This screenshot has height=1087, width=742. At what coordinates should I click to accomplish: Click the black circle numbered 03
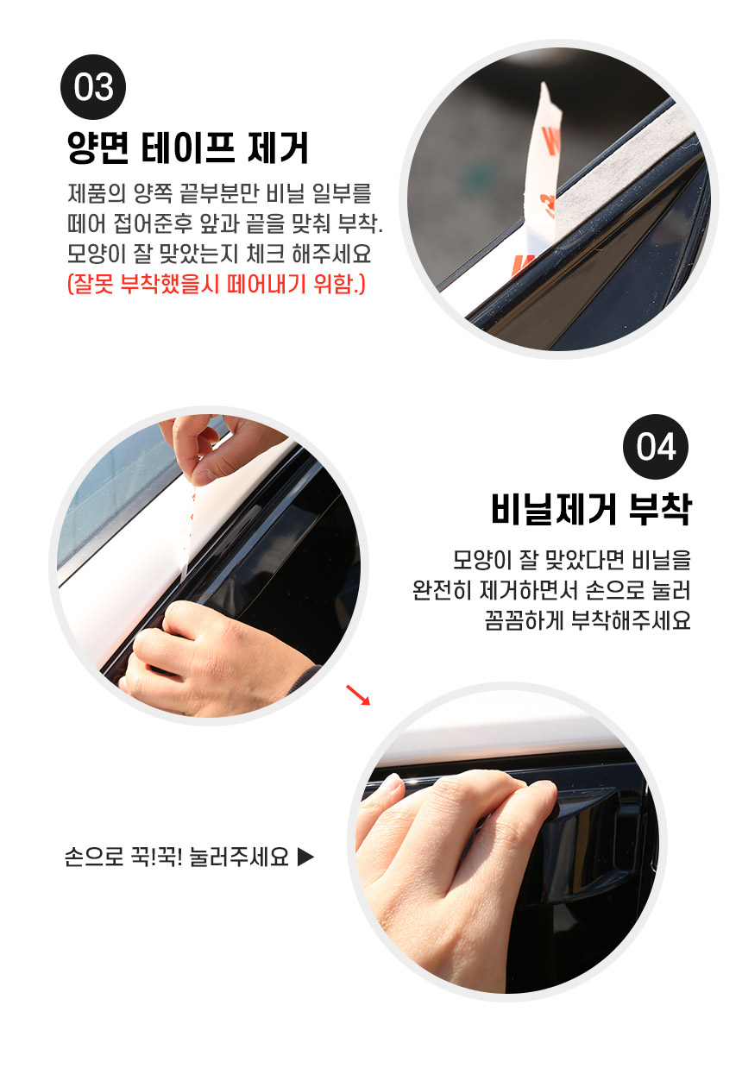(x=92, y=87)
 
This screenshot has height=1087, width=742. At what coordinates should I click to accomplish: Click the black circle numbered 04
(x=655, y=447)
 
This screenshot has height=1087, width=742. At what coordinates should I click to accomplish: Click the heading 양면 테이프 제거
(x=188, y=148)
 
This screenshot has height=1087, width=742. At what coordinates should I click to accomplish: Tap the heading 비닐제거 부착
(x=590, y=509)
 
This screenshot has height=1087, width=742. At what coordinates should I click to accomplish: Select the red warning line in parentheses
(x=216, y=284)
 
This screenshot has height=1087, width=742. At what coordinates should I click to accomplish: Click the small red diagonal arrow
(x=358, y=694)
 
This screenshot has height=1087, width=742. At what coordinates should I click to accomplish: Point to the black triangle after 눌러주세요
(x=305, y=857)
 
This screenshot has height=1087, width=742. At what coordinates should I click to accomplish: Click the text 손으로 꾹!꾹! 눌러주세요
(x=177, y=857)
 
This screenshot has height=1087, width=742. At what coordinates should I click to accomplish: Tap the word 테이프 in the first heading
(x=188, y=148)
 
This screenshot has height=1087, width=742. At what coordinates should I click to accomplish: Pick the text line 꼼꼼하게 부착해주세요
(x=588, y=620)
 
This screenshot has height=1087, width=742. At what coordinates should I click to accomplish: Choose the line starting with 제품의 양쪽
(x=219, y=193)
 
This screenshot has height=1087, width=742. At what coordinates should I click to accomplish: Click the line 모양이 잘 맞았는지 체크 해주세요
(x=219, y=254)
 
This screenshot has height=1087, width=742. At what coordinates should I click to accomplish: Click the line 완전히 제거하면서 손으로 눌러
(x=551, y=590)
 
